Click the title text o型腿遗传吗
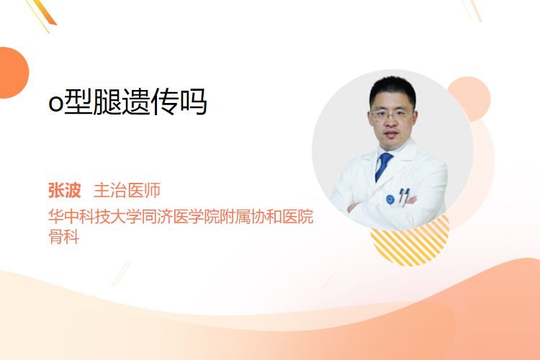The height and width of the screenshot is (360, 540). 127,102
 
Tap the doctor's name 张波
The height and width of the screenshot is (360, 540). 64,190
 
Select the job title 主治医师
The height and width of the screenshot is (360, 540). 127,190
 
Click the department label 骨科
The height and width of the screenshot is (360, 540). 63,236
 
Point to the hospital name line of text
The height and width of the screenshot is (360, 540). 181,216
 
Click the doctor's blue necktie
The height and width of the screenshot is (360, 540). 383,167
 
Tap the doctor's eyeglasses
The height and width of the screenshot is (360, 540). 392,114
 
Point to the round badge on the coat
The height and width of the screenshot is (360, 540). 390,199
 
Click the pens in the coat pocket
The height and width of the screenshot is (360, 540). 404,196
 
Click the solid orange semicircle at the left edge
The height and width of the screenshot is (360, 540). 13,73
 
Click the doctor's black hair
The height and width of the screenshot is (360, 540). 392,89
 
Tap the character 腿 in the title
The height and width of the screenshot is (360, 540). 107,102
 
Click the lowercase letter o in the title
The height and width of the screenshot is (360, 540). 55,104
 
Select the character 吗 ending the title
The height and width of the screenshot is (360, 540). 194,102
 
